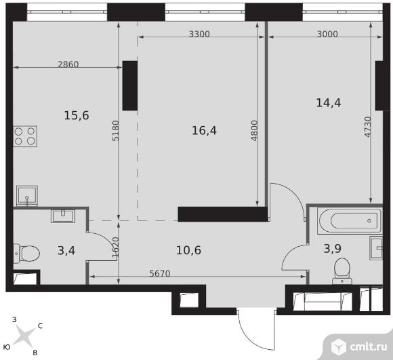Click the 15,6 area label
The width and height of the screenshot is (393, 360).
(x=77, y=116)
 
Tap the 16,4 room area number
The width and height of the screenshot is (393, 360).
(x=204, y=131)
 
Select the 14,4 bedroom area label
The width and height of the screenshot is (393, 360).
(x=329, y=103)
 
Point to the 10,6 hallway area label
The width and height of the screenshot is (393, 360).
(x=189, y=250)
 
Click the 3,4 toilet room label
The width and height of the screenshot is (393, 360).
(x=66, y=250)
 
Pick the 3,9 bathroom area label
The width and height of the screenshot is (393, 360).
(x=333, y=249)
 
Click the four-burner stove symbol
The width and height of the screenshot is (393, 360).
(x=25, y=136)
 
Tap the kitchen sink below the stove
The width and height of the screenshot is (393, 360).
(x=27, y=196)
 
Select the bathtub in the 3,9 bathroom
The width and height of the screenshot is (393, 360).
(x=350, y=220)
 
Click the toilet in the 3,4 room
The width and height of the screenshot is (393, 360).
(x=27, y=253)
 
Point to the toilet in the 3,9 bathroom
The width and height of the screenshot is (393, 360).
(x=342, y=271)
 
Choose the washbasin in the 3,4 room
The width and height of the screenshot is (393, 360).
(x=63, y=216)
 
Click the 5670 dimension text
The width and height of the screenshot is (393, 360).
(x=160, y=273)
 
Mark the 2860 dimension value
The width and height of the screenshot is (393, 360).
(x=68, y=64)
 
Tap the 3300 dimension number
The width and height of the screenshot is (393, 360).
(x=199, y=34)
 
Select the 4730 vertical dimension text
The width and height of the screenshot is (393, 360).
(x=368, y=127)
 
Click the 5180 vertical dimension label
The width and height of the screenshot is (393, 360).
(x=115, y=131)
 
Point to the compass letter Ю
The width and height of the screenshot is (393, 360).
(x=7, y=347)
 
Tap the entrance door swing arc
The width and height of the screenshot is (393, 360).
(x=251, y=337)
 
